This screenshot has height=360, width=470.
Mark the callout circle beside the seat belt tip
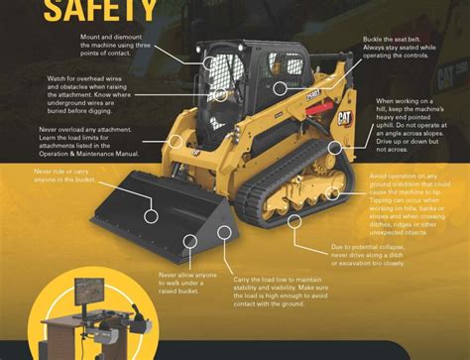click(x=281, y=87)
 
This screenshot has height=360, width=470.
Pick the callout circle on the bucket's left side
click(x=153, y=213)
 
